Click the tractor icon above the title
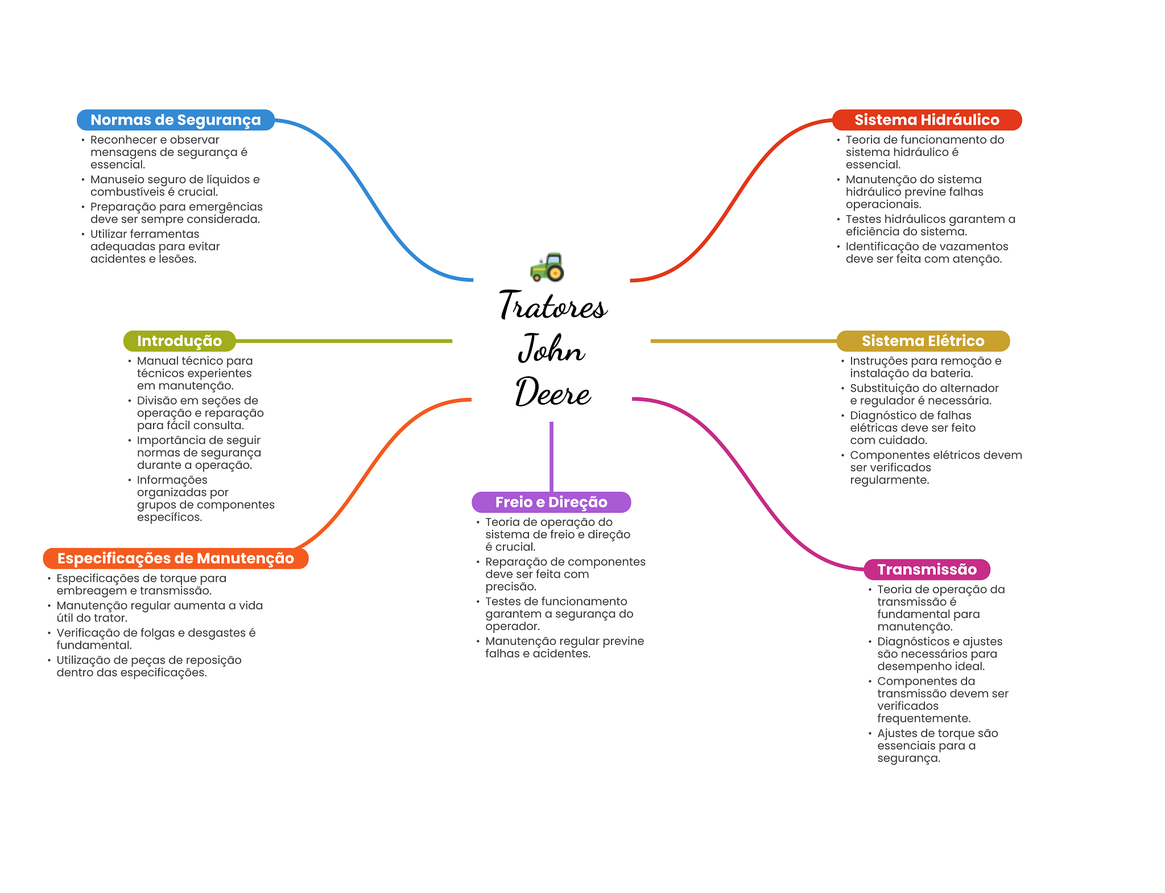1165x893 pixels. pos(547,267)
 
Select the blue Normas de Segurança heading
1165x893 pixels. pos(176,120)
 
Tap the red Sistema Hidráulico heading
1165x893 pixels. pos(927,120)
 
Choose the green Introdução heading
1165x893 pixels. pos(180,341)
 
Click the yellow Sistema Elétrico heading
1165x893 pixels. pos(923,341)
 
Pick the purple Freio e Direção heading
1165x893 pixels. pos(551,502)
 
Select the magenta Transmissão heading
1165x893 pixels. pos(927,569)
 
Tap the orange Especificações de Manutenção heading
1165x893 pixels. pos(176,558)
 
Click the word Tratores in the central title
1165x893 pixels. pos(553,305)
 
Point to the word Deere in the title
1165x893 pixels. pos(553,392)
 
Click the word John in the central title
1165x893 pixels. pos(551,348)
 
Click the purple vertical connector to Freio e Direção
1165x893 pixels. pos(551,456)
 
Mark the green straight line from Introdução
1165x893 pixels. pos(344,341)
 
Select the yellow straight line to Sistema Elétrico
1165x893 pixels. pos(743,341)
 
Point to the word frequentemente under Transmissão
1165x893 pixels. pos(924,719)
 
